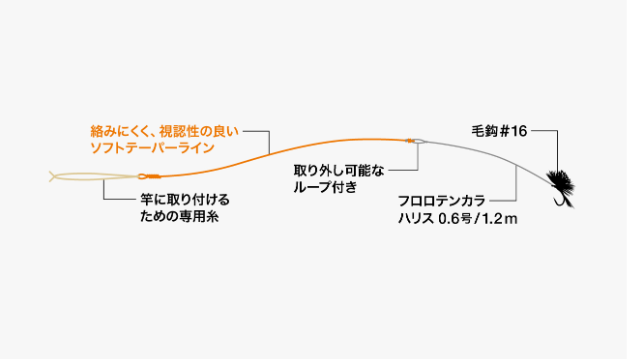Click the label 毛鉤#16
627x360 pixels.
tap(498, 131)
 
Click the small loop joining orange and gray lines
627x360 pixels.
tap(417, 141)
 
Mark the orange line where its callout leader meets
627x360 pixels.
tap(271, 152)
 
